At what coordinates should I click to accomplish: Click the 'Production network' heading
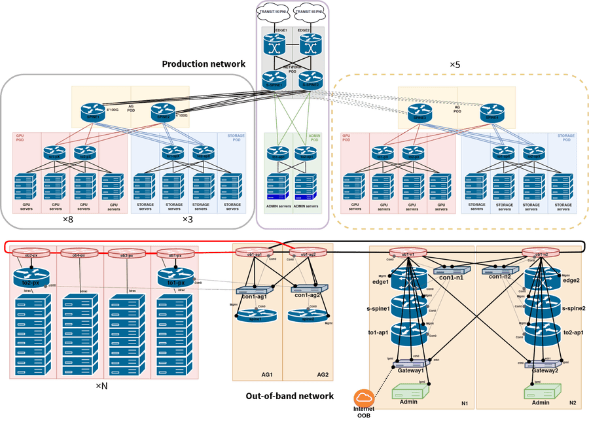click(x=204, y=63)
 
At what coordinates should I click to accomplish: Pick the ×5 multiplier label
click(x=455, y=64)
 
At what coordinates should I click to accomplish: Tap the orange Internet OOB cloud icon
click(x=363, y=398)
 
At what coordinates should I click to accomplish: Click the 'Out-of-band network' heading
click(x=290, y=396)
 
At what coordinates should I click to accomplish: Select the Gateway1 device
click(x=412, y=364)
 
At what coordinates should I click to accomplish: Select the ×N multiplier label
click(x=102, y=387)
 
